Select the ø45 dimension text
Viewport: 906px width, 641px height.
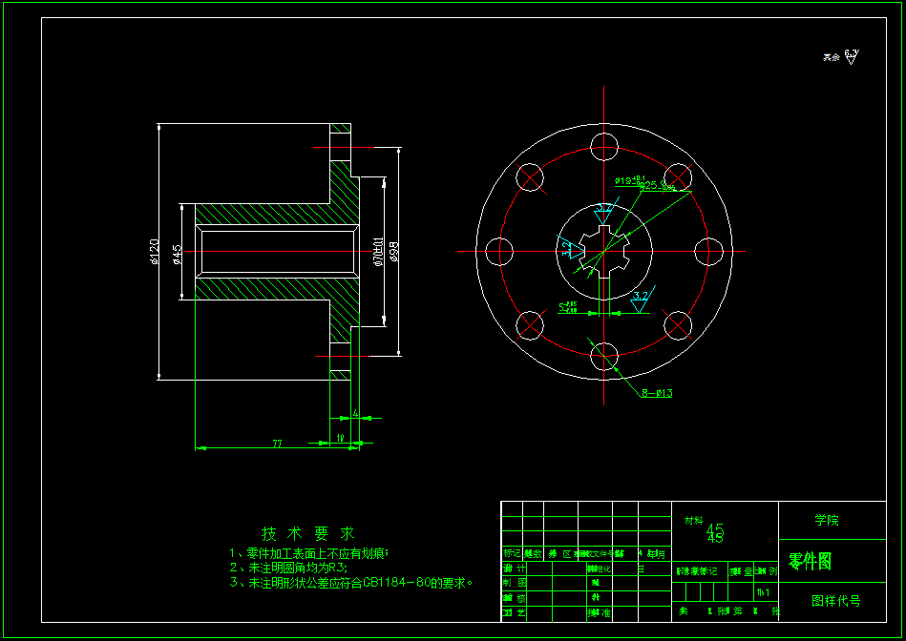[177, 253]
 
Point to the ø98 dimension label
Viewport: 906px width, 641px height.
[393, 252]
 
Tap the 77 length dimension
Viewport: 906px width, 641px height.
[278, 444]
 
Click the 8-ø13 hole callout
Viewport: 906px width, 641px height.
[657, 393]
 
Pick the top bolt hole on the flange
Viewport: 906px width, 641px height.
[604, 147]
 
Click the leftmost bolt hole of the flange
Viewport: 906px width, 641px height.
[499, 252]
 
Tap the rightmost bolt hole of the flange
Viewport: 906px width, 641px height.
[709, 252]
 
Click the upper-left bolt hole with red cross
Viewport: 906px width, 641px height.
[530, 177]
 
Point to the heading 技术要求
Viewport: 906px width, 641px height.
[308, 533]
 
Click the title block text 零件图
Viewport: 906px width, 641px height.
[810, 562]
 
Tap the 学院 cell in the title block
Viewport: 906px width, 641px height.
[827, 521]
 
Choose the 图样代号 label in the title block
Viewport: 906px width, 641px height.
[835, 601]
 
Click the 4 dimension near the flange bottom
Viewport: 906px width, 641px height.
[355, 413]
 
